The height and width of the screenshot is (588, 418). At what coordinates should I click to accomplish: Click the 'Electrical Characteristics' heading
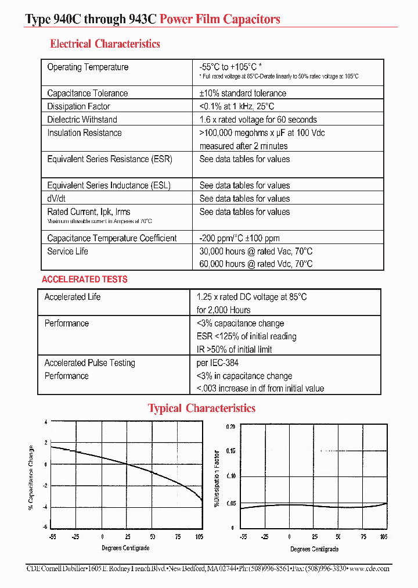coord(105,44)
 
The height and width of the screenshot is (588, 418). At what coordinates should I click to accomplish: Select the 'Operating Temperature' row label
coord(88,67)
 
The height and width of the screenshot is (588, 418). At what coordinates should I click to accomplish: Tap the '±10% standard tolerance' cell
coord(243,94)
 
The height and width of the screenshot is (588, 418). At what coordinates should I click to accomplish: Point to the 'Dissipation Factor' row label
coord(78,107)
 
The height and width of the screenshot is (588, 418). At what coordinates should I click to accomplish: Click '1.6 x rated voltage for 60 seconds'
coord(258,120)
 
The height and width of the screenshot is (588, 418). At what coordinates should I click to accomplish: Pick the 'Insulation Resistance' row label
coord(84,133)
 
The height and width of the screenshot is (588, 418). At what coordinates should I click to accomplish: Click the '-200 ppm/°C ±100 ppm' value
coord(239,238)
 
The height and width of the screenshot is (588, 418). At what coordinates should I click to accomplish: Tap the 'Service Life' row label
coord(68,252)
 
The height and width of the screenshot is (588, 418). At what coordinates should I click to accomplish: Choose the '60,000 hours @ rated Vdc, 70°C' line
coord(255,264)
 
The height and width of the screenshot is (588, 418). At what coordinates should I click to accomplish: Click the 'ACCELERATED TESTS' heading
coord(84,279)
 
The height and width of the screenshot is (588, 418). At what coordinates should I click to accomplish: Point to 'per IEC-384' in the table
coord(217,363)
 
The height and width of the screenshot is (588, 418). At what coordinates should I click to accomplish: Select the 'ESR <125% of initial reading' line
coord(246,336)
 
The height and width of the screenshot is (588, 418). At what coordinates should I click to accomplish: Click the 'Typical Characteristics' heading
coord(201,408)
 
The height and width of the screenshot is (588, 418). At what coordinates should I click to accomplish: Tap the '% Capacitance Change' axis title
coord(31,478)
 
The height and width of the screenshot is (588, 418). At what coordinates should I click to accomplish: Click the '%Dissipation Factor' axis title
coord(217,479)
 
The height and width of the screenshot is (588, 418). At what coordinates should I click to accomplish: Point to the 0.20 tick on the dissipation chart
coord(230,426)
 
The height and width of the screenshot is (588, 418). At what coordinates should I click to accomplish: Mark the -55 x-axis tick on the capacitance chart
coord(52,537)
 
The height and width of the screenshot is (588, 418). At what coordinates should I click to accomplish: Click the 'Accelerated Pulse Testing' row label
coord(89,363)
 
